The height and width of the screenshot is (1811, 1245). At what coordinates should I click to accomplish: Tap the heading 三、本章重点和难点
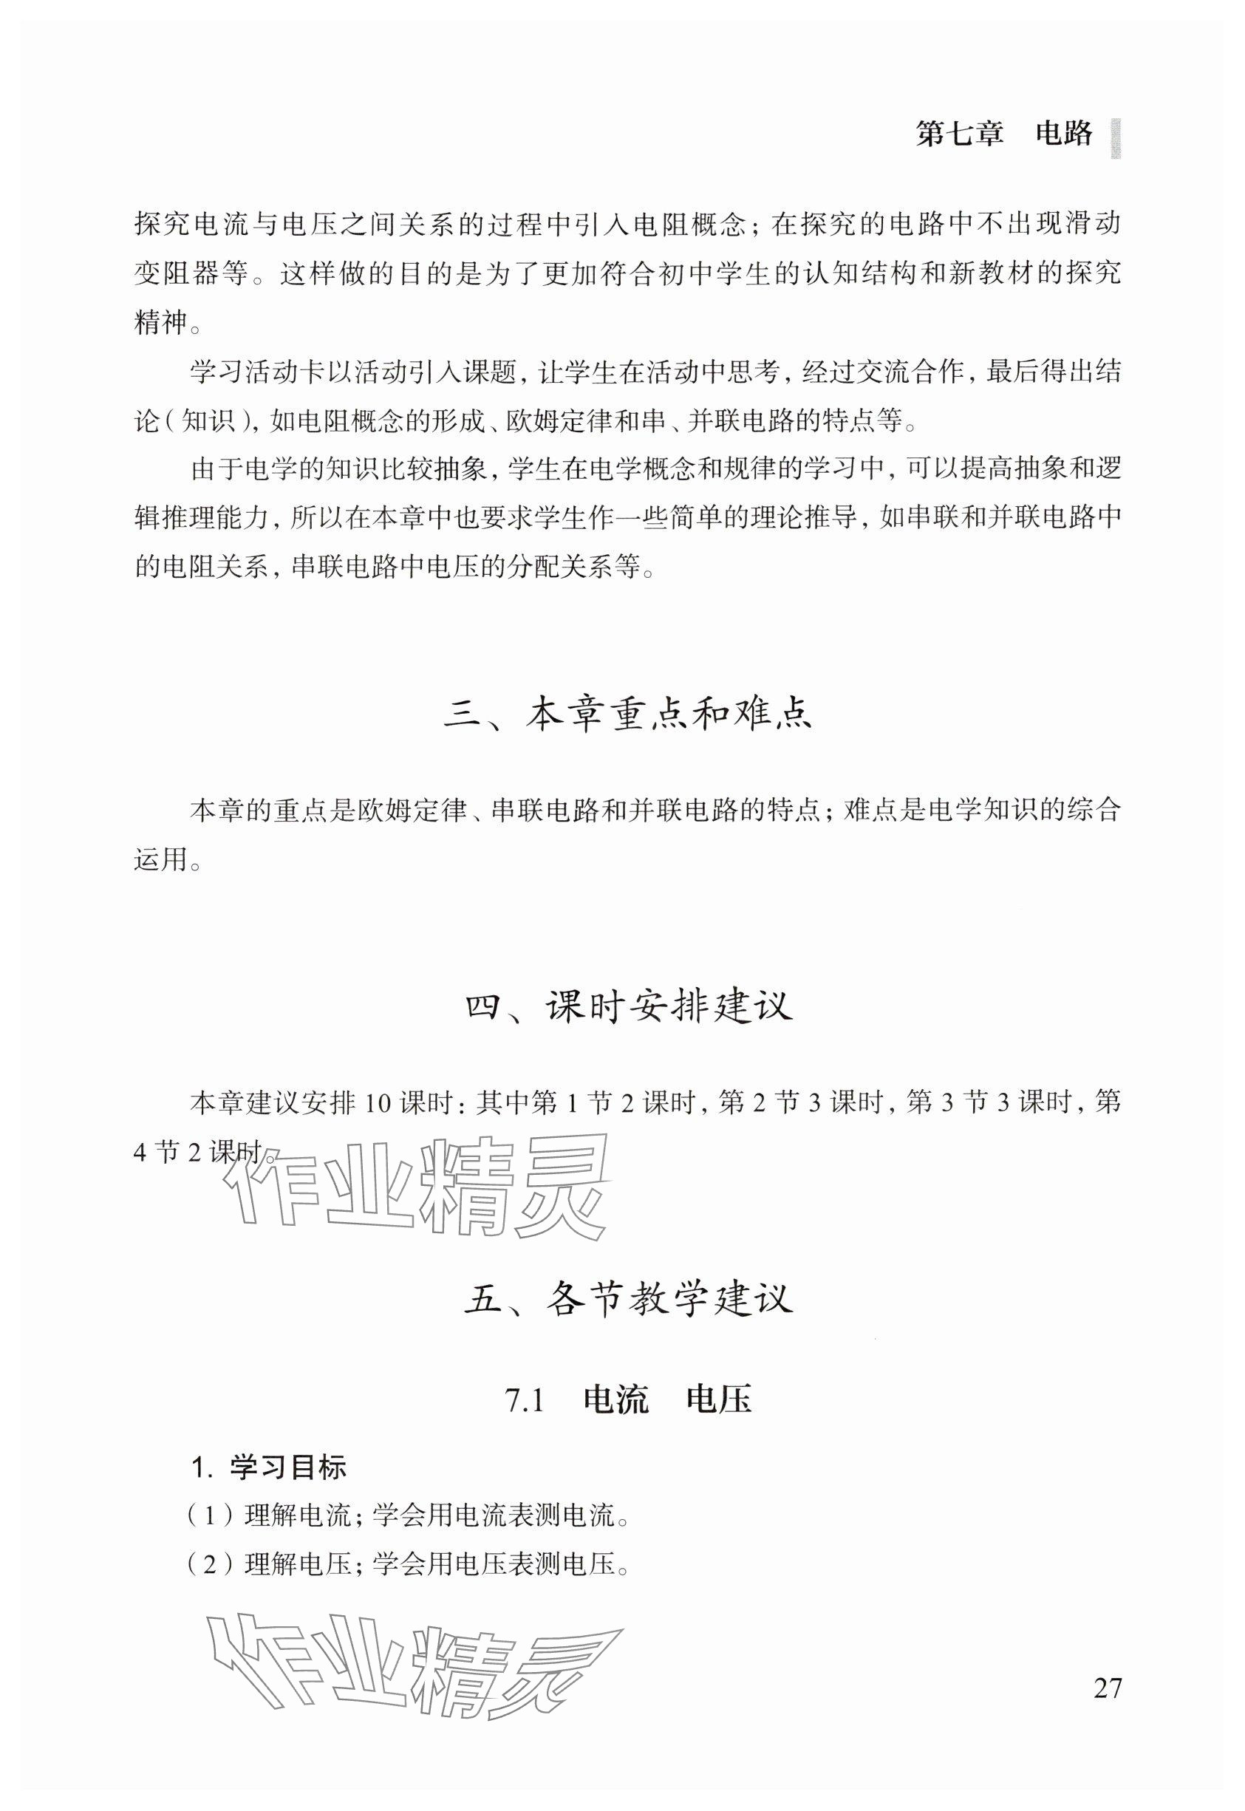[x=627, y=715]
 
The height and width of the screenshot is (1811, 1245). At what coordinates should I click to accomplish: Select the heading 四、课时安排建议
[x=629, y=1006]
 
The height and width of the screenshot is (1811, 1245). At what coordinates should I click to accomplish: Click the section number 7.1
[x=525, y=1401]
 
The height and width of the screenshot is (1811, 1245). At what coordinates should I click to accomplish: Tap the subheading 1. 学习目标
[x=268, y=1468]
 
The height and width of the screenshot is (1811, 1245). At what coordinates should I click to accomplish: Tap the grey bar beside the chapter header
[x=1116, y=139]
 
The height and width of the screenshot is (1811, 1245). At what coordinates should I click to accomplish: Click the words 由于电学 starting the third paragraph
[x=242, y=469]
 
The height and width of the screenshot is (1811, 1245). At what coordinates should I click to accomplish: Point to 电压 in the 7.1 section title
[x=718, y=1401]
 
